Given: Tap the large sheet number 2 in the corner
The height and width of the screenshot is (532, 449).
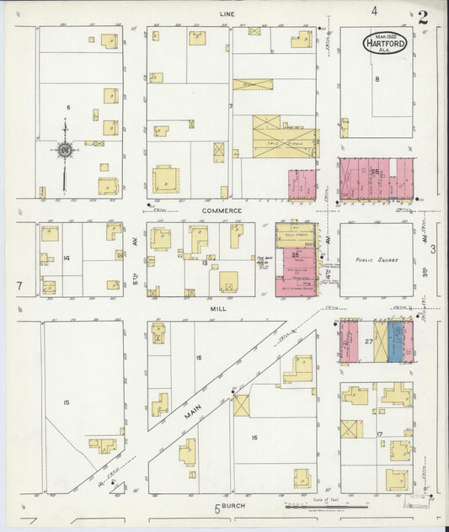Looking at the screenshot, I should pyautogui.click(x=420, y=16).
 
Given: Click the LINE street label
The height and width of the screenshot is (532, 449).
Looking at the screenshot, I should pyautogui.click(x=227, y=14).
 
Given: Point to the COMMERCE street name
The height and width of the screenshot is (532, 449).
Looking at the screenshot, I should pyautogui.click(x=222, y=210).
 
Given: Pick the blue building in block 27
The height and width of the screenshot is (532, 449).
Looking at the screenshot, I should pyautogui.click(x=395, y=342).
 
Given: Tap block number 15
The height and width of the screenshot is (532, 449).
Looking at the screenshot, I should pyautogui.click(x=66, y=402).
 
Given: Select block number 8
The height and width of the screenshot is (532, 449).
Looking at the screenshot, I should pyautogui.click(x=377, y=79).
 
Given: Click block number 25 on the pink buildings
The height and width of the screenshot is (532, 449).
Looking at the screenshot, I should pyautogui.click(x=373, y=171).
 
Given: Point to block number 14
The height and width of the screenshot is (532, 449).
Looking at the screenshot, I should pyautogui.click(x=66, y=257).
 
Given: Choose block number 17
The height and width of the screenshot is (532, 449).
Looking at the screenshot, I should pyautogui.click(x=381, y=434).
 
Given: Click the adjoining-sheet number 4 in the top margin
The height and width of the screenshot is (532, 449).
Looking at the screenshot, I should pyautogui.click(x=373, y=11).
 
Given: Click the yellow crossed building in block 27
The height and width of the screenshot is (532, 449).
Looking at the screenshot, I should pyautogui.click(x=381, y=342).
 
